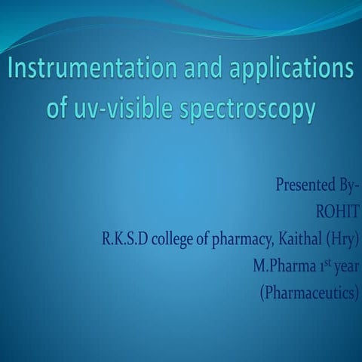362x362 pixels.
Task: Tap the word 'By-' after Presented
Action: point(346,185)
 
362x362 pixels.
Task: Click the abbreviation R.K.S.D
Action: point(126,240)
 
